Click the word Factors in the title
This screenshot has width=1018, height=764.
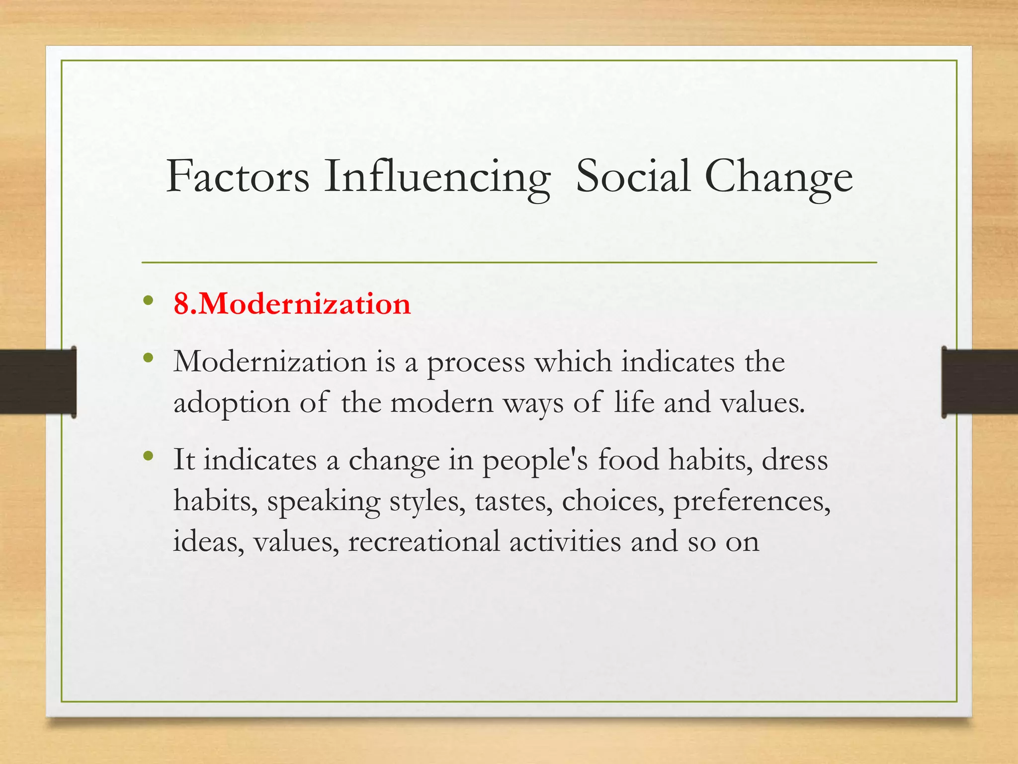pos(238,177)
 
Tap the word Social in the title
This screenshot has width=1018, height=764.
pos(633,177)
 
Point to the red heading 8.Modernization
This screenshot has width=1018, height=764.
pos(292,303)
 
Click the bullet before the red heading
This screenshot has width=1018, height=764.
pos(148,301)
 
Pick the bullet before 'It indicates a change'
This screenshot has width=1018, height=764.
pos(148,456)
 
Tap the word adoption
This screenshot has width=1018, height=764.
pos(231,403)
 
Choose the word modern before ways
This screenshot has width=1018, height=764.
pos(442,402)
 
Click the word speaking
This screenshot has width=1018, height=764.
pos(324,502)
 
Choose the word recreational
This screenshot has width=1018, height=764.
pos(424,542)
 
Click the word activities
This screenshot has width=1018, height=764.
pos(565,542)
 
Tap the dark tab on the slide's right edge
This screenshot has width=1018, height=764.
pos(980,382)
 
